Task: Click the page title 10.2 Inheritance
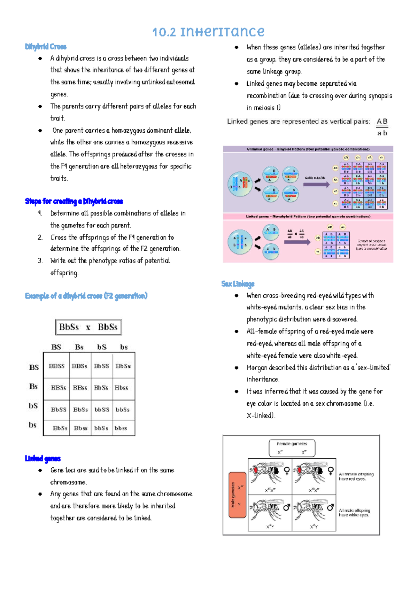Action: pos(208,32)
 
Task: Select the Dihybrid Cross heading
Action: pos(46,47)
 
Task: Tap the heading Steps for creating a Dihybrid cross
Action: pos(74,201)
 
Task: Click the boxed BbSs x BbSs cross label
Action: pos(88,327)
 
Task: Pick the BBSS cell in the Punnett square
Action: pos(56,366)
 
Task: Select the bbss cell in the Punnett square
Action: pos(121,428)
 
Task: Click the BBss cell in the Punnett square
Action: pos(80,388)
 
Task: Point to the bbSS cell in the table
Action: pos(102,410)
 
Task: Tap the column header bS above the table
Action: pos(102,347)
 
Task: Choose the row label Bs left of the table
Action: pos(33,387)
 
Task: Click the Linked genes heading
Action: pos(43,459)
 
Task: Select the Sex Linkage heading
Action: pos(238,284)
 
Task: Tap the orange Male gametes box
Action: pos(237,495)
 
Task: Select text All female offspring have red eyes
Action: pos(356,476)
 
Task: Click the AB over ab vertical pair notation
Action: pos(382,127)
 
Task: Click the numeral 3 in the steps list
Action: pos(40,260)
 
